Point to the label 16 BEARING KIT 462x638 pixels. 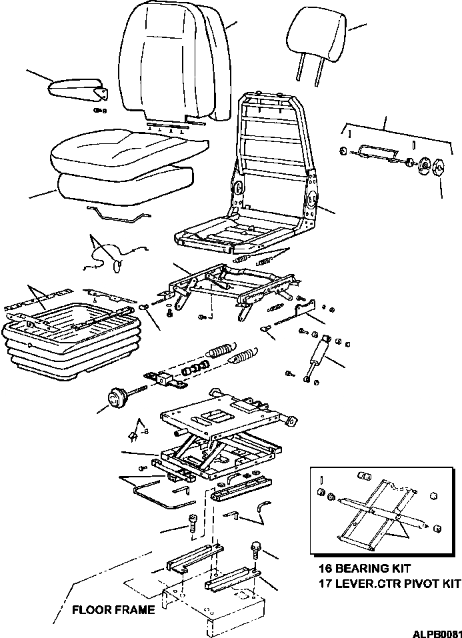tap(364, 569)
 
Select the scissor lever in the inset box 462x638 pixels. tap(377, 510)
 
